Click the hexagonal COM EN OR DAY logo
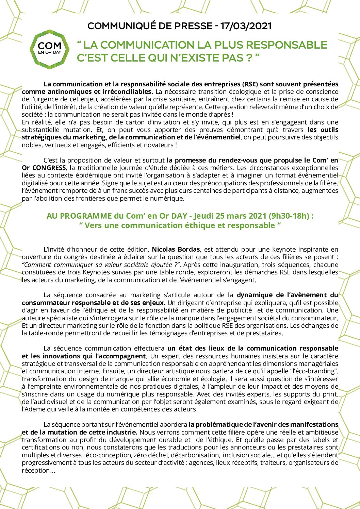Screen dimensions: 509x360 [x=50, y=49]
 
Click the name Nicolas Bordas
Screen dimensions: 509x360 [x=176, y=250]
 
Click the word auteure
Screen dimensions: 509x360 [x=32, y=318]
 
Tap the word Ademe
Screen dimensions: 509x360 [x=32, y=409]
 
